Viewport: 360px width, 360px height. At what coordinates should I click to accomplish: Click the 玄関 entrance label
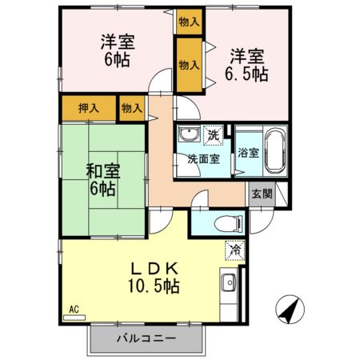click(262, 194)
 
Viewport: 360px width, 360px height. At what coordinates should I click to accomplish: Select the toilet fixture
click(223, 222)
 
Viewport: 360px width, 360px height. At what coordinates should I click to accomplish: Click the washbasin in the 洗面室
click(190, 134)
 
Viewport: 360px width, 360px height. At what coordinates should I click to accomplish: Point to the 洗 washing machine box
click(214, 134)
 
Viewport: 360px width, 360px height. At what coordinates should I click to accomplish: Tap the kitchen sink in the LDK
click(230, 283)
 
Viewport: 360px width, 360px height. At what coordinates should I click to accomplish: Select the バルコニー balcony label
click(145, 339)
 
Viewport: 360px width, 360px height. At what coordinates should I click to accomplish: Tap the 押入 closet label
click(88, 107)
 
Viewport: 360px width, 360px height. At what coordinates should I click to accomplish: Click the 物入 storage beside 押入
click(131, 107)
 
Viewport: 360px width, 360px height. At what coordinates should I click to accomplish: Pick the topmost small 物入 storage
click(189, 21)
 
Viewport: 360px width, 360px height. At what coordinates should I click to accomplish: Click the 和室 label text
click(102, 170)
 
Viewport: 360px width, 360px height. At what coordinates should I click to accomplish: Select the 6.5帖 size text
click(246, 74)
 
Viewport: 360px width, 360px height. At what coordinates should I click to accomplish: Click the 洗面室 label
click(203, 158)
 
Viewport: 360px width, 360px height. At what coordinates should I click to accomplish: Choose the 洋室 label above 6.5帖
click(247, 55)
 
